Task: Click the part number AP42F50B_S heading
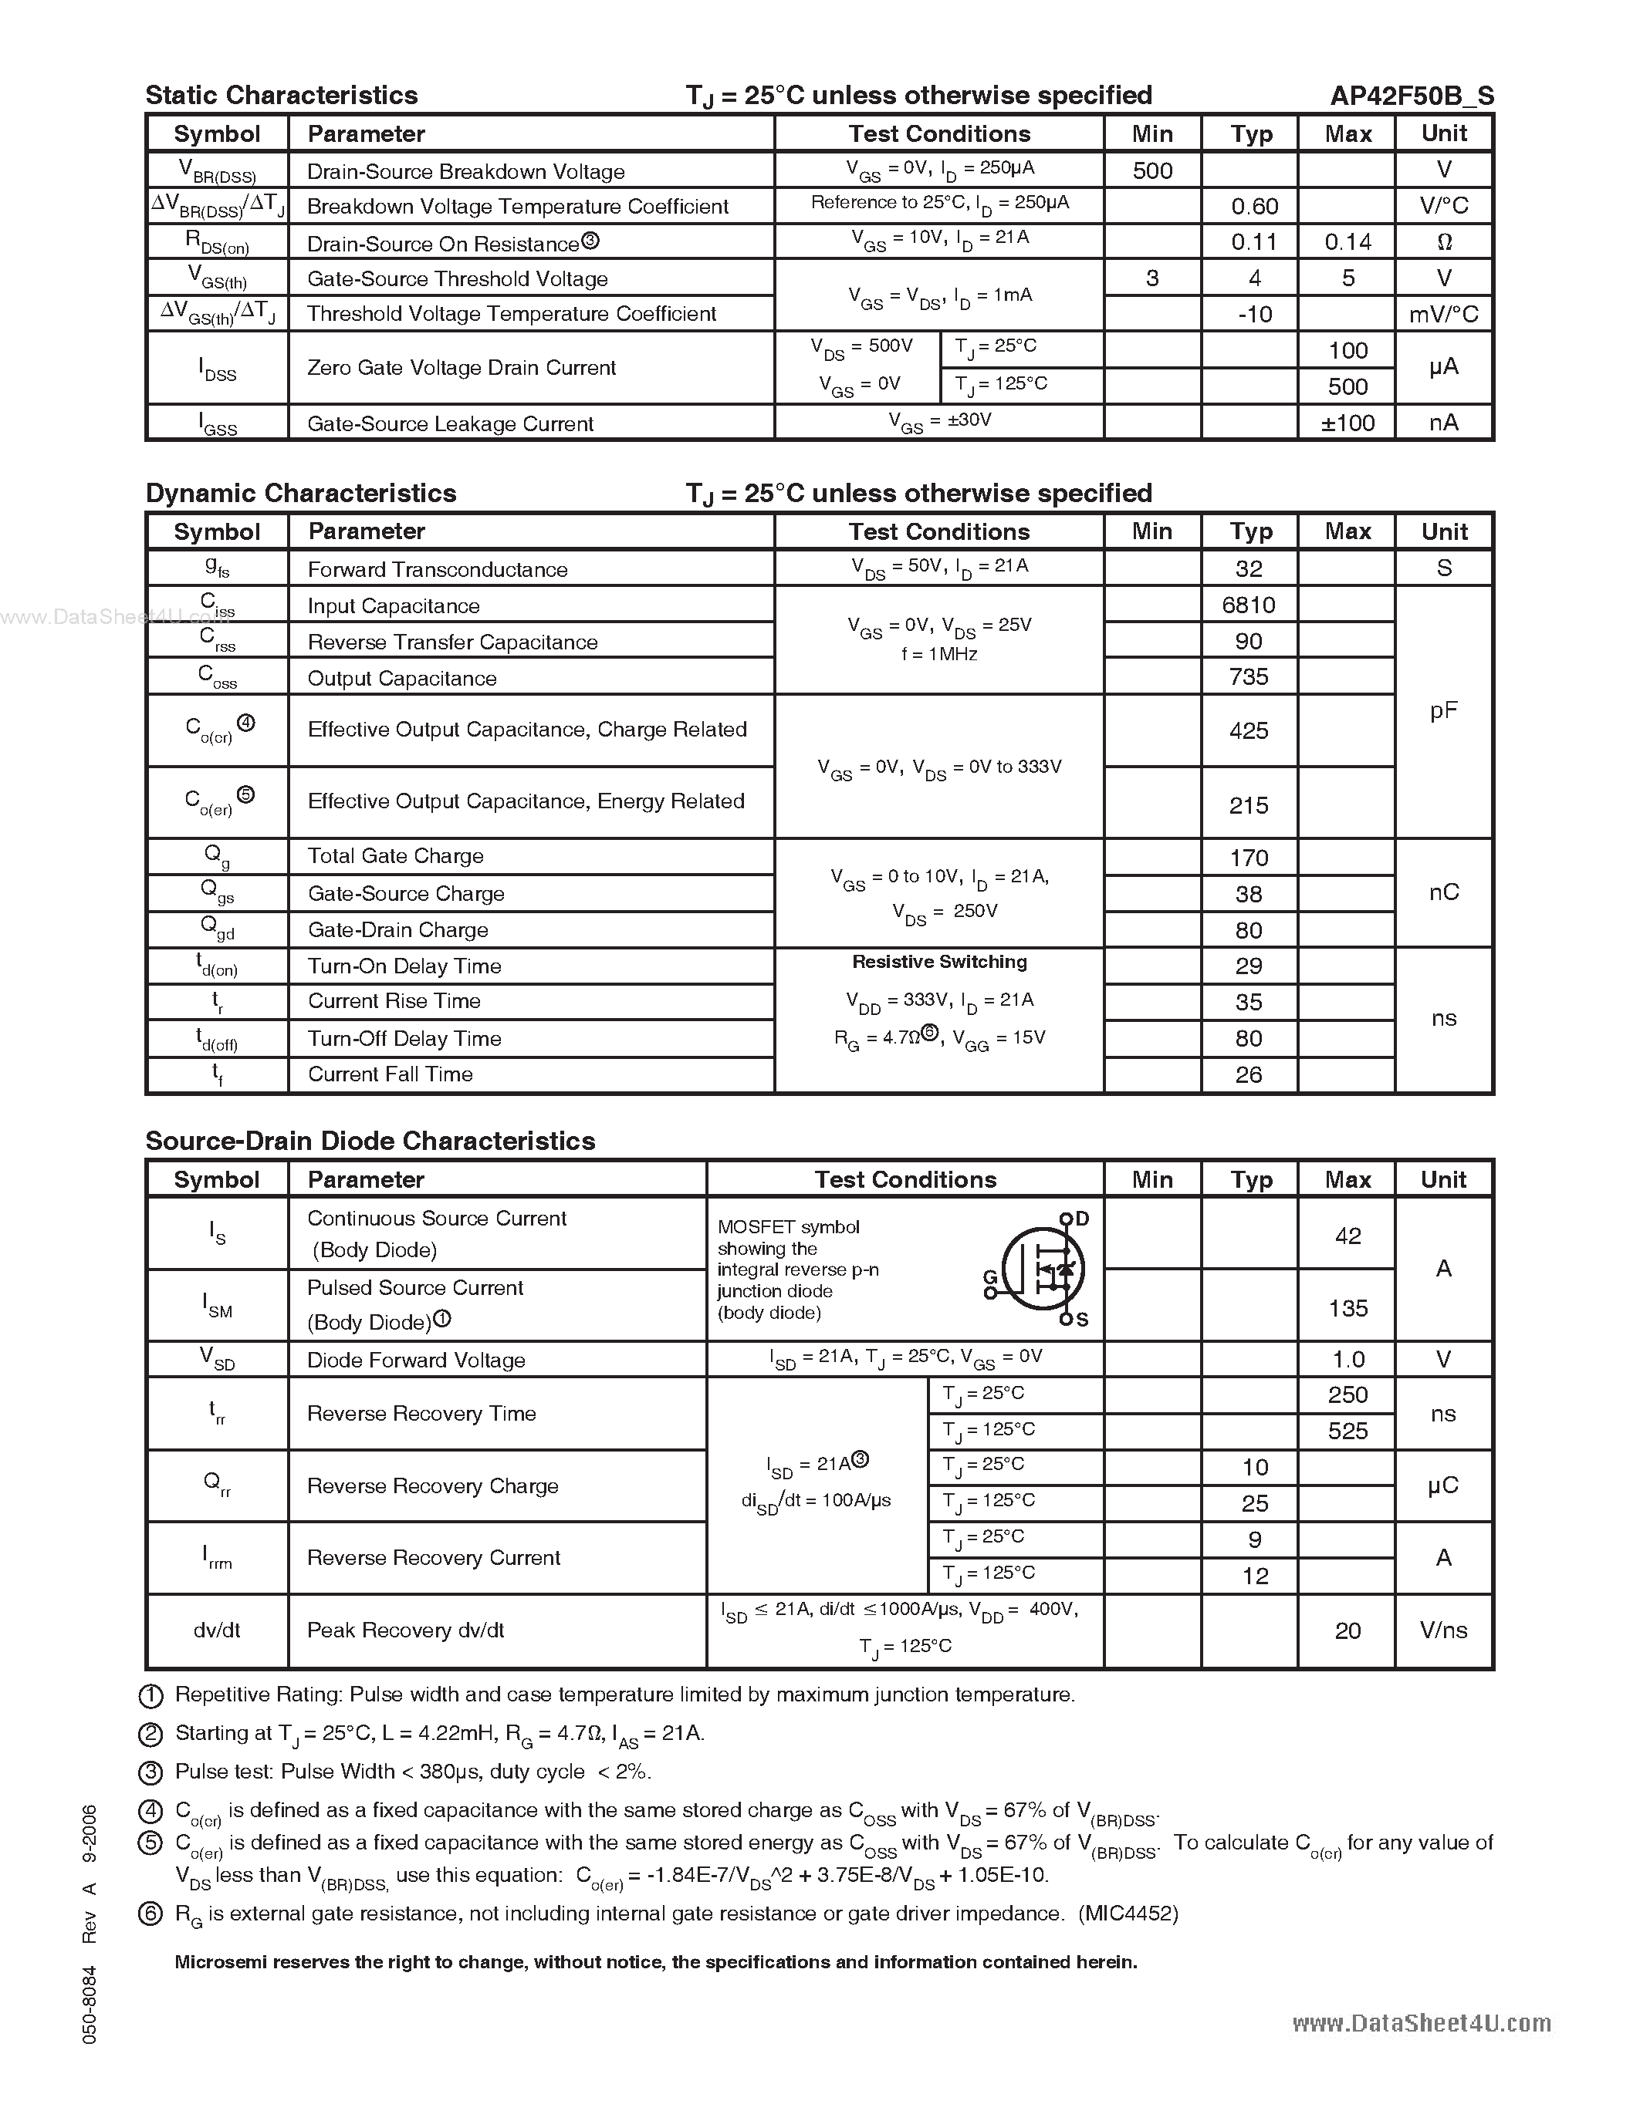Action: pos(1411,95)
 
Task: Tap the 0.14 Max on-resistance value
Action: pos(1348,242)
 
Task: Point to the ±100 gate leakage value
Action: pos(1348,423)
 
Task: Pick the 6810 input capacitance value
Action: pos(1249,605)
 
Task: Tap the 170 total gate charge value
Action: pos(1249,858)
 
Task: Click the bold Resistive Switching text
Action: pos(939,962)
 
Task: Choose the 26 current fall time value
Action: pos(1249,1075)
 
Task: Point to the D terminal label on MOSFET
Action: pos(1082,1219)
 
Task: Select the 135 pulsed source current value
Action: pos(1348,1308)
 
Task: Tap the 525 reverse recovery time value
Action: pos(1348,1431)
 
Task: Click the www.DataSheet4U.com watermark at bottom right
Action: pos(1422,2023)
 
